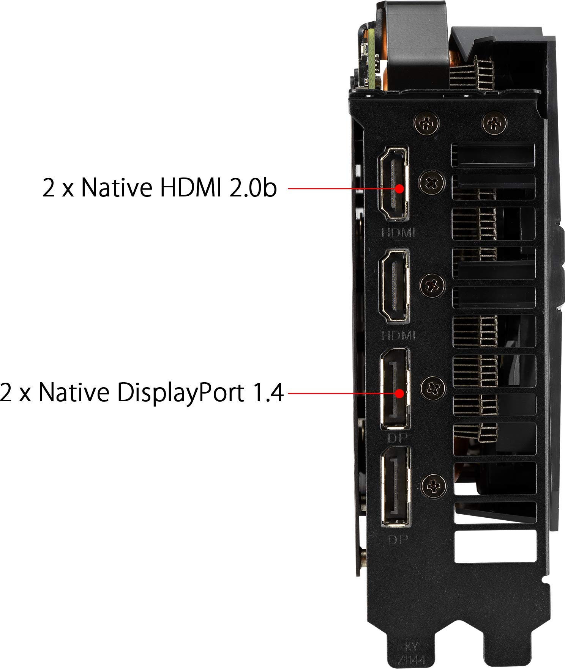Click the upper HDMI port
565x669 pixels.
pos(393,184)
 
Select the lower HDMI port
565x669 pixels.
pos(393,286)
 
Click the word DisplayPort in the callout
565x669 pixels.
pos(180,393)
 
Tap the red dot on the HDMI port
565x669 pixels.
pos(400,188)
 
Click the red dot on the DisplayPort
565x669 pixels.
pos(399,393)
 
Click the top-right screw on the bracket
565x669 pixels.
pos(494,123)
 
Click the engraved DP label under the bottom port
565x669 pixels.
pos(397,539)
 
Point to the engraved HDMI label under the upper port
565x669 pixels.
pos(398,232)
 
